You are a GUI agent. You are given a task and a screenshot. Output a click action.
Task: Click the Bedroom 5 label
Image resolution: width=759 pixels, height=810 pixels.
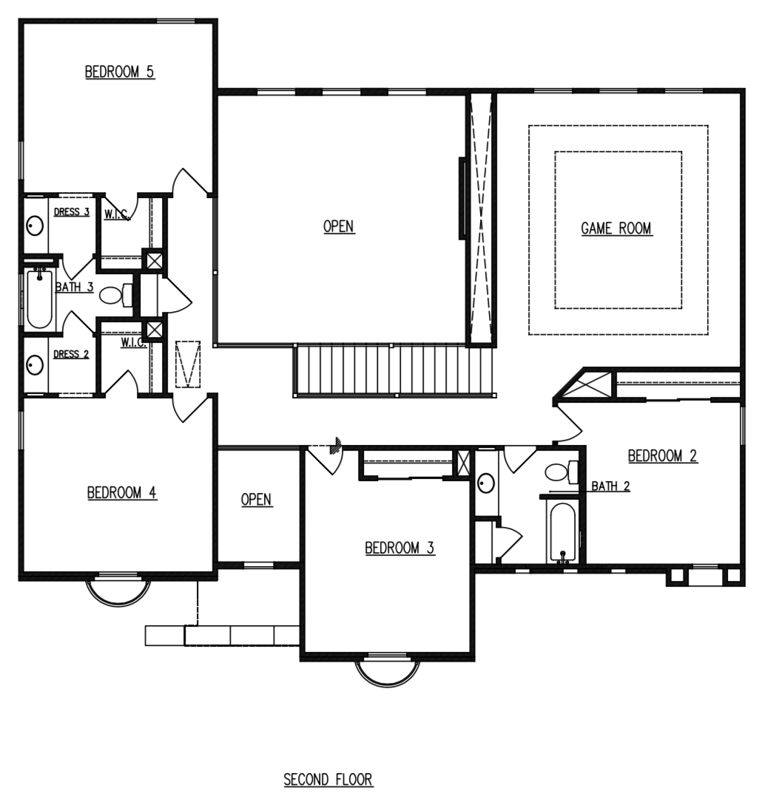point(119,72)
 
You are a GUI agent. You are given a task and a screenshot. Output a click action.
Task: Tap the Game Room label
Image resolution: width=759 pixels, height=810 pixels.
point(615,228)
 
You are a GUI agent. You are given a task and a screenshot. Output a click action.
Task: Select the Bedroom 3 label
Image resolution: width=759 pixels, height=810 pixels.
point(399,548)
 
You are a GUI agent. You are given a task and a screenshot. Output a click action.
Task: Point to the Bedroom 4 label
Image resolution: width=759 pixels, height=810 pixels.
point(121,493)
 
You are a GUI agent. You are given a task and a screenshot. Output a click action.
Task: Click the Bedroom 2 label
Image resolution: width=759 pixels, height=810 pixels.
point(662,455)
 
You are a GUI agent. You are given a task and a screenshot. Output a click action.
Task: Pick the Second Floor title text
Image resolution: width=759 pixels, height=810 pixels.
point(328,779)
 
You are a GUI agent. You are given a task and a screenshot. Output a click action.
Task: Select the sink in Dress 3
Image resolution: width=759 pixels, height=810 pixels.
point(35,225)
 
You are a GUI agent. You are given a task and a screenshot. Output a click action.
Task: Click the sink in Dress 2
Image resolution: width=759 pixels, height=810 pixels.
point(35,364)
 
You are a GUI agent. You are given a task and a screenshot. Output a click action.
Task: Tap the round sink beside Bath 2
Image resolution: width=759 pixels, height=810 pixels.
point(485,483)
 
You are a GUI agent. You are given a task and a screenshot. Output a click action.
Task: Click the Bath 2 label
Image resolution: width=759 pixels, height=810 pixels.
point(610,486)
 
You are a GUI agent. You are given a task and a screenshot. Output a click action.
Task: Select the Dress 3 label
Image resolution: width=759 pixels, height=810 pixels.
point(71,212)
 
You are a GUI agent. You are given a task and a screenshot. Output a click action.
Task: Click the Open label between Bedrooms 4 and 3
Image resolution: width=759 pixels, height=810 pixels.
point(257,500)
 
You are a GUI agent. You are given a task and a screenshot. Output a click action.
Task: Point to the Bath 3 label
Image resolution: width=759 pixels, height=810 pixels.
point(74,287)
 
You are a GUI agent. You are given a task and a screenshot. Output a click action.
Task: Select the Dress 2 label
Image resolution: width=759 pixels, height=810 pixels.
point(71,354)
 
